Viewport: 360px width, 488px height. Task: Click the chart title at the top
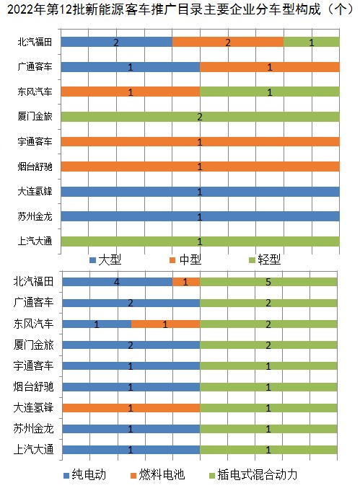(180, 9)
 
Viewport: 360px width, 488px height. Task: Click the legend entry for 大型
(105, 259)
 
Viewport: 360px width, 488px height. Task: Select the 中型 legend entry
(185, 259)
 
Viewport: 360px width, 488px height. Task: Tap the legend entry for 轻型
(265, 259)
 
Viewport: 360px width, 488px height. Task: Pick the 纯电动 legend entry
(85, 474)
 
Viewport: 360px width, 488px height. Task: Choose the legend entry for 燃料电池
(158, 474)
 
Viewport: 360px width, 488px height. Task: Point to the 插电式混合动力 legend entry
(253, 474)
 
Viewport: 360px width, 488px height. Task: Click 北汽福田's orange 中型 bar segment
(228, 42)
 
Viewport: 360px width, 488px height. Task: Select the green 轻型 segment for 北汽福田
(312, 42)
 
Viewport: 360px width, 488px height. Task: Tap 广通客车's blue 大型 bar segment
(130, 67)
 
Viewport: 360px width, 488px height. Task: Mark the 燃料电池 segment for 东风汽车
(165, 324)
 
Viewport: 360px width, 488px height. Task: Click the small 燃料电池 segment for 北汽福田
(186, 282)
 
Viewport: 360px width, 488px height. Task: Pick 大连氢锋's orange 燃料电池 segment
(131, 408)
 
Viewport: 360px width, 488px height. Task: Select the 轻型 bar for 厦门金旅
(201, 117)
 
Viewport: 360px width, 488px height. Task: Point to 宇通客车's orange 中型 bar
(201, 141)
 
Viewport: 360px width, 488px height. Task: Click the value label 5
(268, 282)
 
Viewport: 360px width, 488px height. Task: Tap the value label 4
(117, 282)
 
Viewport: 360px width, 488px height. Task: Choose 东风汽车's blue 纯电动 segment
(97, 324)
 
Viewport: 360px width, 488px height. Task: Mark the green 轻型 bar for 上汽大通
(201, 241)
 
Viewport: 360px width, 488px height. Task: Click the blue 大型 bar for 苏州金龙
(201, 216)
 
